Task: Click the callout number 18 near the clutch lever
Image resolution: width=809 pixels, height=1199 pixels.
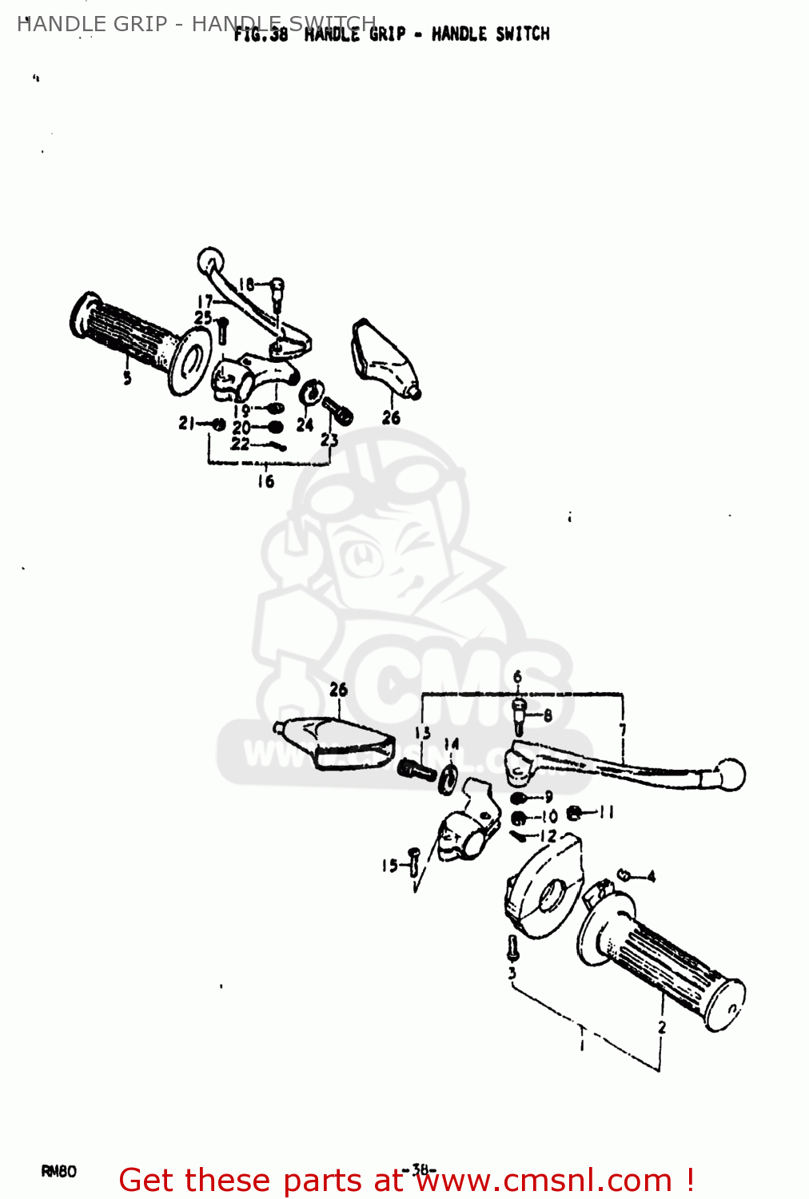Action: point(245,284)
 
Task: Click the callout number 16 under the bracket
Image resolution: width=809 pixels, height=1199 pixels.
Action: point(265,481)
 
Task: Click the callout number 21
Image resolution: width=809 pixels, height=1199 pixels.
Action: point(186,423)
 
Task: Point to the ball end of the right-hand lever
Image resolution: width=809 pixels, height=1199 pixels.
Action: point(731,775)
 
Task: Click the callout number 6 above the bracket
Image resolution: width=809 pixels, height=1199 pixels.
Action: point(517,678)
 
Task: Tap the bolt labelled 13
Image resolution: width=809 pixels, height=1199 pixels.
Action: point(416,770)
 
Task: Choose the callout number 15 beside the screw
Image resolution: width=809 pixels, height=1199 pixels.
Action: point(389,866)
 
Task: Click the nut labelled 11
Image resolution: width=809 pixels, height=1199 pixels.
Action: point(574,814)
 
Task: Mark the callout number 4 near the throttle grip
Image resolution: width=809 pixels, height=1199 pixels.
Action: point(651,877)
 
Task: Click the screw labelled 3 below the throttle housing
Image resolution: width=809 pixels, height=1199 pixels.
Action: point(512,949)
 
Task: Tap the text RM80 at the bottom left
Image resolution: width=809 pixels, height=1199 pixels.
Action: point(58,1172)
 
